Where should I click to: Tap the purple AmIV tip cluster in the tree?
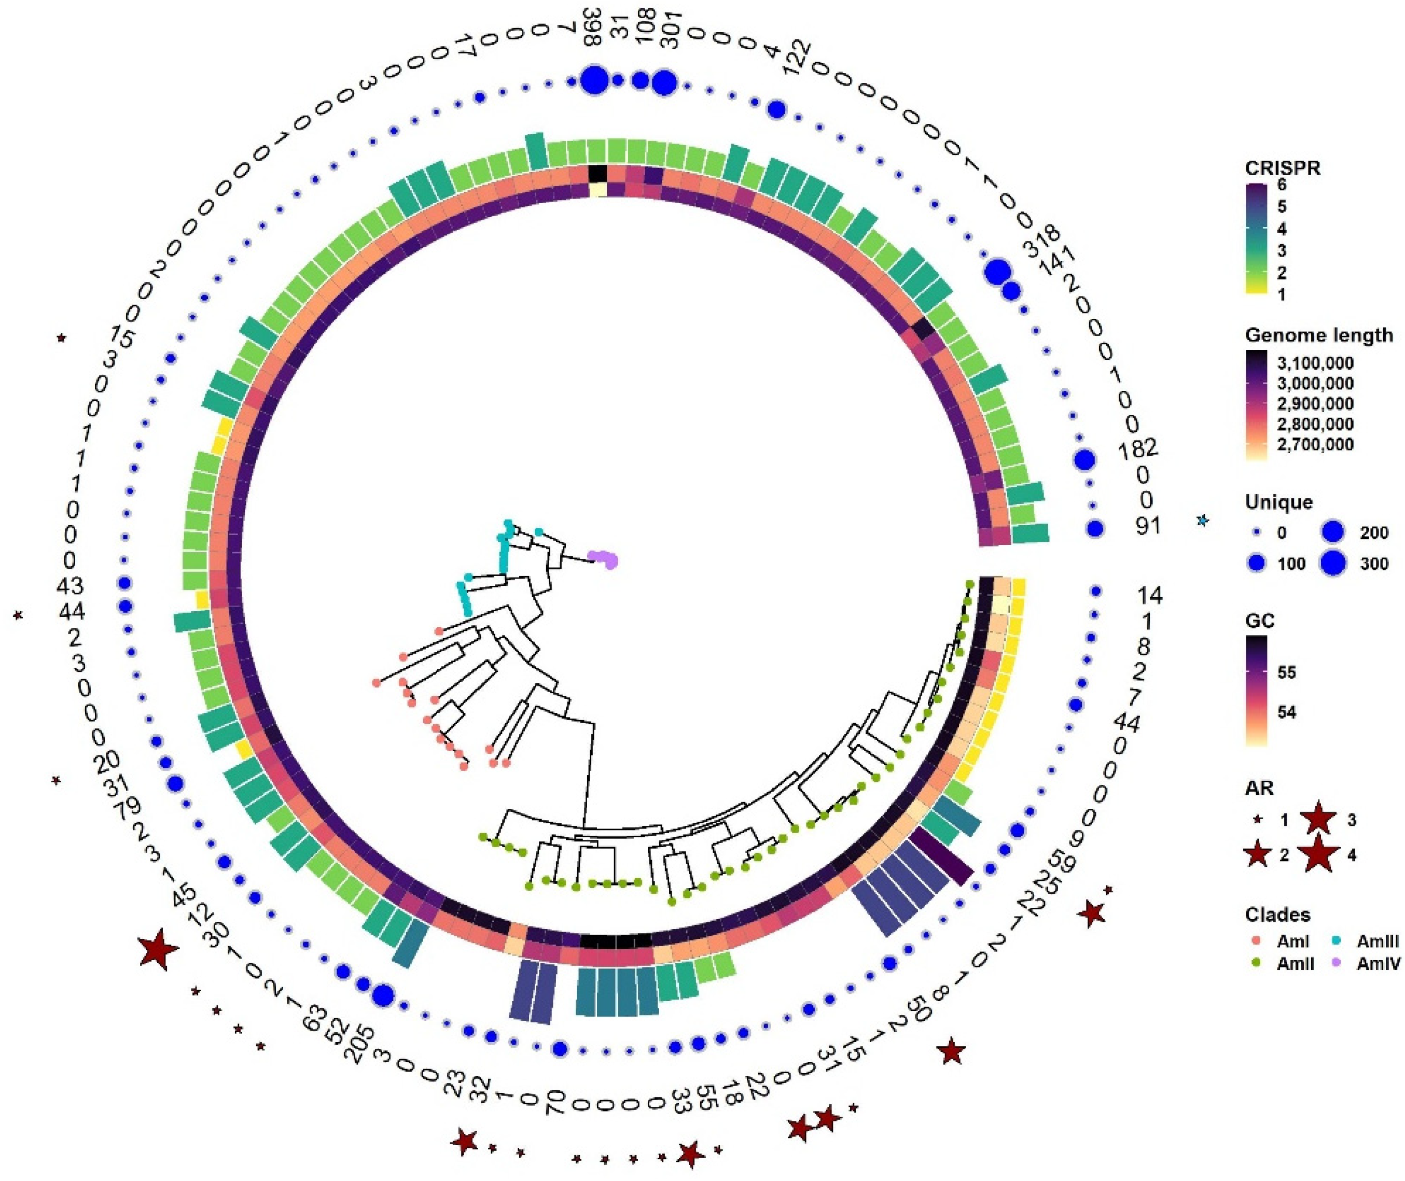point(604,558)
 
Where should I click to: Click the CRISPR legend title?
point(1283,168)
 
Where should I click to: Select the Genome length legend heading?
point(1318,335)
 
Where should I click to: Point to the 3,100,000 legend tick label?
point(1315,363)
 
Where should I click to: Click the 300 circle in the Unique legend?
point(1333,564)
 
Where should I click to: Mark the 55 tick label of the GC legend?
point(1286,673)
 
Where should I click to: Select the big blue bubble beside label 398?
point(595,82)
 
